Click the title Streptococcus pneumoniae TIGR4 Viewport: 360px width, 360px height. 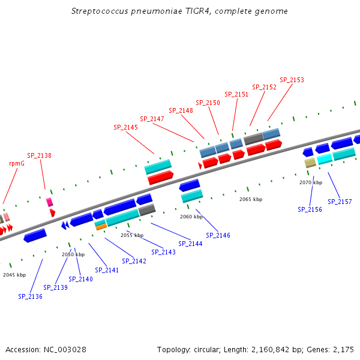click(179, 11)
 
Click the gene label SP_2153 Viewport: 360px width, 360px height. click(292, 80)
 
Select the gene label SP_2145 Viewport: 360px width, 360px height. click(125, 127)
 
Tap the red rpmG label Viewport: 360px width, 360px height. click(17, 163)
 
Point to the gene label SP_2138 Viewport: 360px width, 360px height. click(39, 155)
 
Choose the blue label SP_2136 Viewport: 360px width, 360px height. click(30, 296)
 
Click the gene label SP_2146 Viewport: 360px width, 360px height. click(218, 235)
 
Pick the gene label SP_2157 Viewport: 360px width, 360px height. click(340, 202)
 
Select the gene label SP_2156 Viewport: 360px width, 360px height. click(310, 209)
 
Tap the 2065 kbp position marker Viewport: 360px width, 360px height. click(251, 199)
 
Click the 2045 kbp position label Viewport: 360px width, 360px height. click(14, 275)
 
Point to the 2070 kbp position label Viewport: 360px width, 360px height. click(311, 182)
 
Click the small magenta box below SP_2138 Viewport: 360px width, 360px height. click(50, 202)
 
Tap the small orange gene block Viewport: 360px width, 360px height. click(101, 227)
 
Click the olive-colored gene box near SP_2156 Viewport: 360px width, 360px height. click(310, 163)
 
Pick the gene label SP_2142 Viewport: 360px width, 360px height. click(134, 261)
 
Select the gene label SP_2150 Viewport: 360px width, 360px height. click(208, 103)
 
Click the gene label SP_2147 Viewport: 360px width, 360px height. click(152, 119)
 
